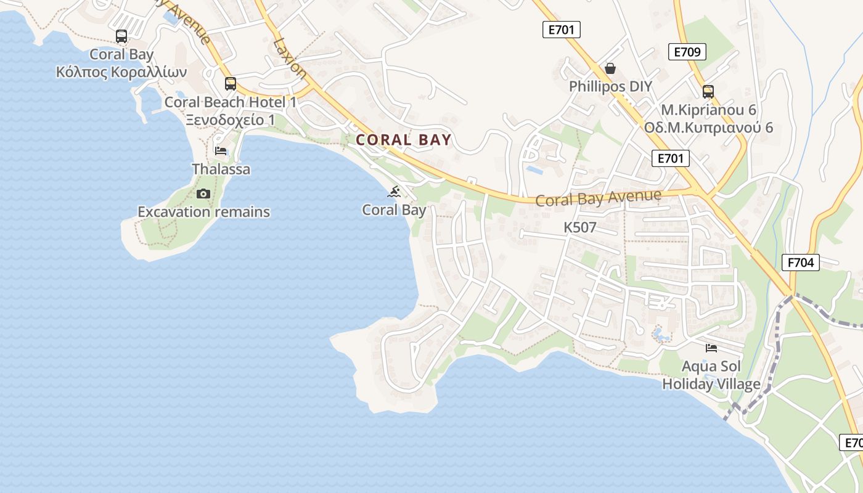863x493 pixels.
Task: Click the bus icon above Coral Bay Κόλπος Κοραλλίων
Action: (121, 36)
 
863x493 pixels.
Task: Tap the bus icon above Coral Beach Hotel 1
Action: (231, 84)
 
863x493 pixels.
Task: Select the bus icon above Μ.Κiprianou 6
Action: (708, 92)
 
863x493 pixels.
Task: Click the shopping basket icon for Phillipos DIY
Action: (610, 68)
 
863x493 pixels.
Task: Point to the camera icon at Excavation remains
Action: (203, 194)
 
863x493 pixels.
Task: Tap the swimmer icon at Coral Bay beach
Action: (395, 192)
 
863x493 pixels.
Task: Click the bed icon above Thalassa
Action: (221, 150)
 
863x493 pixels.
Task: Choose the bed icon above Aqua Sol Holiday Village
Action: (711, 348)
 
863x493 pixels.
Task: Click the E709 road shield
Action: (687, 52)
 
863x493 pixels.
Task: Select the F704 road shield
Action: (801, 263)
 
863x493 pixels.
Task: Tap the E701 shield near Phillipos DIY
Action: (561, 30)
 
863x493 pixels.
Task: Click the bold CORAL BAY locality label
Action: (404, 140)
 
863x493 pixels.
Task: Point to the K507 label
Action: (580, 227)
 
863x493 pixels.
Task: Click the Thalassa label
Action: (221, 169)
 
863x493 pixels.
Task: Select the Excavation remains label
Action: (203, 212)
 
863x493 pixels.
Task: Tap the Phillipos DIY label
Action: (610, 86)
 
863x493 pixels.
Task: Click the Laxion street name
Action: (290, 59)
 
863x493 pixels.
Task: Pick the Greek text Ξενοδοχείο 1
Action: (231, 120)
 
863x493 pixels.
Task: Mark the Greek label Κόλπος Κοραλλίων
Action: (121, 72)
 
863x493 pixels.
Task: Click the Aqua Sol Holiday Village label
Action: (711, 375)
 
